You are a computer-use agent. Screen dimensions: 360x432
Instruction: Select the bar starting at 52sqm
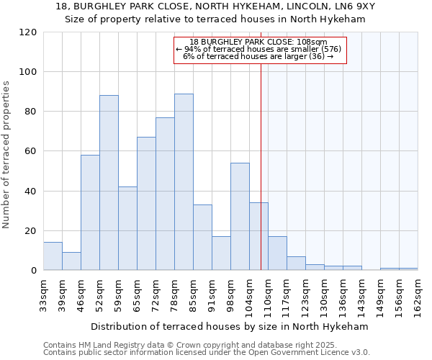pyautogui.click(x=109, y=183)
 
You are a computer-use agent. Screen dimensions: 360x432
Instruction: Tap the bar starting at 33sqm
pyautogui.click(x=53, y=256)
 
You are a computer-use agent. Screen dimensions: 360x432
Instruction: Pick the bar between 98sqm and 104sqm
pyautogui.click(x=240, y=217)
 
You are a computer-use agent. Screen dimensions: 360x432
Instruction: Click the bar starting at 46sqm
pyautogui.click(x=90, y=212)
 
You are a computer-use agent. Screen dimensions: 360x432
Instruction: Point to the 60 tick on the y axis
pyautogui.click(x=32, y=151)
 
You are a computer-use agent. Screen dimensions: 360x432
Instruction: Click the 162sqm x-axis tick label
pyautogui.click(x=423, y=294)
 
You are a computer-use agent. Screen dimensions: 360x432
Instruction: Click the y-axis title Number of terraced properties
pyautogui.click(x=6, y=155)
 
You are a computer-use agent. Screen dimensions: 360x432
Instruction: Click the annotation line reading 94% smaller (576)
pyautogui.click(x=260, y=49)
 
